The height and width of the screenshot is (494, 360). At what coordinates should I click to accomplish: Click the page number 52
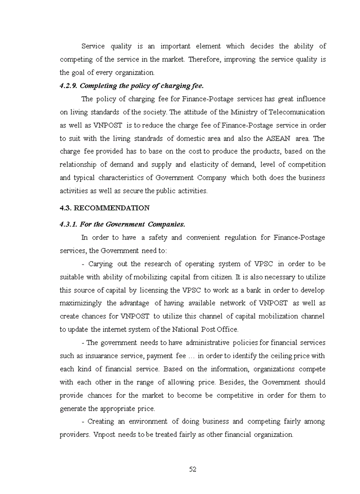click(192, 469)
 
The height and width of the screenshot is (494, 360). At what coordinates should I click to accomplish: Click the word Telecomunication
click(298, 112)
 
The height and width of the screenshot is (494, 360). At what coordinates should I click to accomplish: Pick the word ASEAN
click(278, 138)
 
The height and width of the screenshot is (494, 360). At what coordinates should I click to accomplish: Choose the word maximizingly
click(81, 303)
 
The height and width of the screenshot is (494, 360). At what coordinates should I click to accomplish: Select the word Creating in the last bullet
click(102, 421)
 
